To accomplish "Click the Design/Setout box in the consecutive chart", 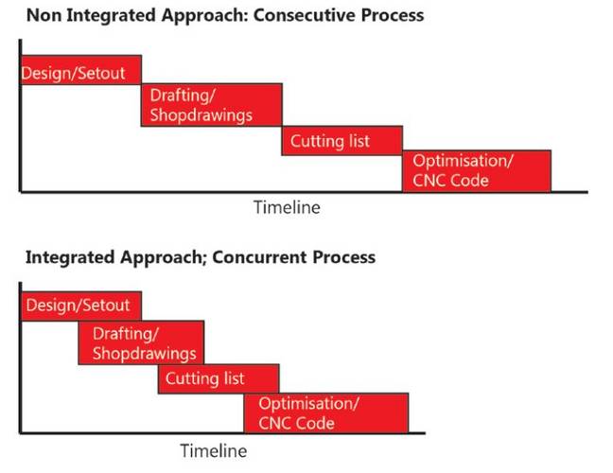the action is (81, 70).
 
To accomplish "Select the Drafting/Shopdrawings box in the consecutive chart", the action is (212, 105).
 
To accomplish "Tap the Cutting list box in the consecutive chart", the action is (342, 141).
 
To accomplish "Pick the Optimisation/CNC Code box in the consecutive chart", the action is (477, 171).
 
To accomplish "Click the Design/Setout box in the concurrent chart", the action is (81, 307).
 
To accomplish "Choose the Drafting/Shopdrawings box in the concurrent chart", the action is (141, 342).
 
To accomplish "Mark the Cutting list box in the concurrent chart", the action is (219, 378).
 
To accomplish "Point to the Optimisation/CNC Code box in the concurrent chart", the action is (326, 413).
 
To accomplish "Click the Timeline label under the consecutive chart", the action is (287, 207).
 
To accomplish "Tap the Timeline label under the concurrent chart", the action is (214, 450).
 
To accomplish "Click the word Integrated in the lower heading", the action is (70, 258).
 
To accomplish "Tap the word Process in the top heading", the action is (393, 16).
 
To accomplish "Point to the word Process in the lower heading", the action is (344, 257).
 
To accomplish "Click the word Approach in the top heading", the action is (204, 16).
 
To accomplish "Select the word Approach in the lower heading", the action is (164, 258).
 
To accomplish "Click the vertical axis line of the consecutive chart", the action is (20, 115).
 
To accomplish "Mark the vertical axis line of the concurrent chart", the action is (20, 358).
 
